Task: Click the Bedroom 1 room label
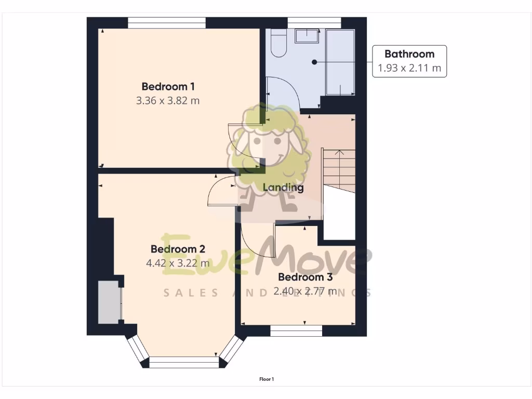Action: point(168,86)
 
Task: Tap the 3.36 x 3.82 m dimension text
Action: point(168,101)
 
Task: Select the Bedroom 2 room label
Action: point(178,249)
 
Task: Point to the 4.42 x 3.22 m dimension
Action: point(178,263)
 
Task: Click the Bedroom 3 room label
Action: point(305,277)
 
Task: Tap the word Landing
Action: point(283,188)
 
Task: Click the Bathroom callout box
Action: point(409,61)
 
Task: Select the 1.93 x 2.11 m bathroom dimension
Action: point(409,68)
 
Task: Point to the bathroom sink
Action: point(308,36)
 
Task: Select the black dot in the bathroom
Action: point(314,62)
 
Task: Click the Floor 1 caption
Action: point(267,379)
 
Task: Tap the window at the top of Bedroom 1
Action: point(167,23)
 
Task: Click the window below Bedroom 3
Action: point(296,330)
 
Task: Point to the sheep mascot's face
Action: point(269,145)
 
